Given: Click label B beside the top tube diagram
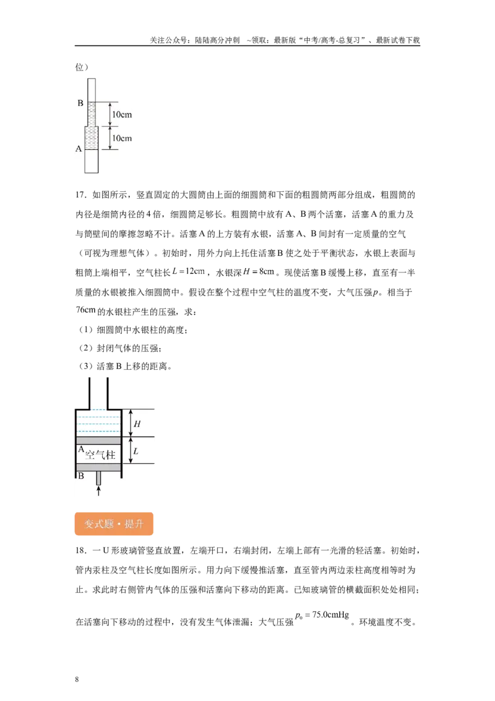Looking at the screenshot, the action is [x=80, y=103].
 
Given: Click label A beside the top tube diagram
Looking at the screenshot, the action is [x=79, y=149].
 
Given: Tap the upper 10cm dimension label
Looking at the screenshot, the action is [x=122, y=115].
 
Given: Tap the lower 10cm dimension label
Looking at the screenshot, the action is [x=122, y=138].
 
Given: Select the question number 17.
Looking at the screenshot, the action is [x=80, y=194].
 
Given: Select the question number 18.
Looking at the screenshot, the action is [x=80, y=551].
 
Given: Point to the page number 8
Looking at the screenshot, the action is [x=77, y=679].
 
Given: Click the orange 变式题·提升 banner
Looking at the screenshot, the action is [x=114, y=523].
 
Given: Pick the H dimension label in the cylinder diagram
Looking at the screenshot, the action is [x=137, y=424].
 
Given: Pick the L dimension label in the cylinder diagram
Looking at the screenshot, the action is [x=136, y=451].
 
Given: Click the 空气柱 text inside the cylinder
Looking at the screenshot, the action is [x=100, y=455].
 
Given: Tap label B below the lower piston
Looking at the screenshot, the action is [x=81, y=476].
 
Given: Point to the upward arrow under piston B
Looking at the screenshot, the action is [x=99, y=491].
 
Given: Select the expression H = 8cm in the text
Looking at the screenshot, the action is [x=259, y=271].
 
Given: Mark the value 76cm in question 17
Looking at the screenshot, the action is [x=86, y=310].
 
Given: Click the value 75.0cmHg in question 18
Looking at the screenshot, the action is [x=330, y=615].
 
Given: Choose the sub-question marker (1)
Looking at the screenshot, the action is [x=85, y=330].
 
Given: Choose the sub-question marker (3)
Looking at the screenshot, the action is [x=85, y=366].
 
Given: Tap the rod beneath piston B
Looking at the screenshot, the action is [x=99, y=478].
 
